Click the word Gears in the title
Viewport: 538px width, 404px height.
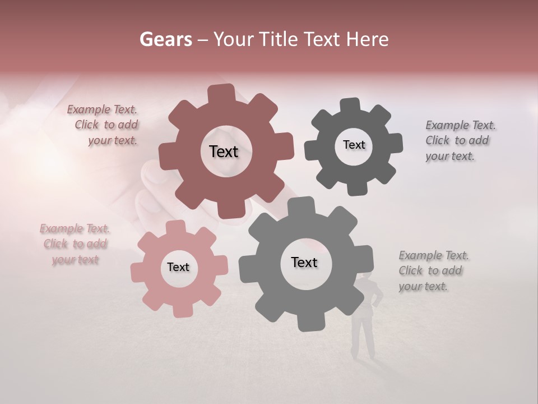(x=165, y=39)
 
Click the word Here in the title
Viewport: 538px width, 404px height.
(x=368, y=39)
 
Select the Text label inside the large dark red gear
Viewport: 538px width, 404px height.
(x=224, y=151)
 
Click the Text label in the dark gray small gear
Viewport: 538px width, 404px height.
(x=354, y=145)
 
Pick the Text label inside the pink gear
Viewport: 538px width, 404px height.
(x=178, y=267)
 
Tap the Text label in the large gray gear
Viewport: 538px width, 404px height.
(x=304, y=262)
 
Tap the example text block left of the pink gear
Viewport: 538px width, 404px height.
(x=75, y=244)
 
